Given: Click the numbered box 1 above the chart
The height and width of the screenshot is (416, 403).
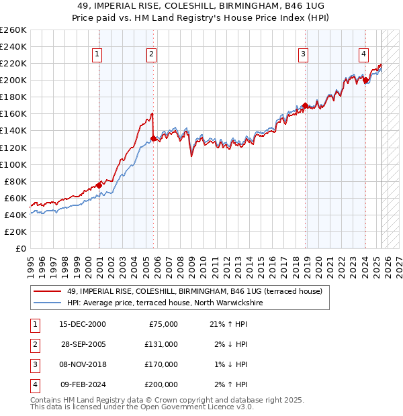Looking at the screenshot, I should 97,54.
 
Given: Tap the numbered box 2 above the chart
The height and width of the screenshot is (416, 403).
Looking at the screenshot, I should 152,54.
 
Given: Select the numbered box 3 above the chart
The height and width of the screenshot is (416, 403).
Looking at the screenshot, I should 304,54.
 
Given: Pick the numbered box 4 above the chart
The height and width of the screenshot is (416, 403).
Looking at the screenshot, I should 363,54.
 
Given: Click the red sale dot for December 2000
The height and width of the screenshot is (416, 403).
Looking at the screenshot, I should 99,185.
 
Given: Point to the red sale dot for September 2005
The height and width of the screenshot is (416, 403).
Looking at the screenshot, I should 154,138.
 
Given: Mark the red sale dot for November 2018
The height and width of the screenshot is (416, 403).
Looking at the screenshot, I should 305,105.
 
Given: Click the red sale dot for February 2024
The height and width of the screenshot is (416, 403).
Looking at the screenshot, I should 365,81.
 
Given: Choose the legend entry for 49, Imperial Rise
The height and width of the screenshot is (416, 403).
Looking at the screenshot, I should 195,291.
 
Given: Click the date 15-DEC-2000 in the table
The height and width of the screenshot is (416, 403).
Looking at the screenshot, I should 83,324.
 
